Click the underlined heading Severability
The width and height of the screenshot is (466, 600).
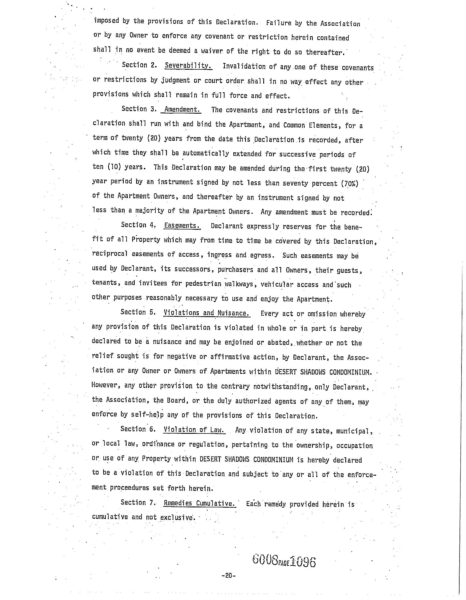click(188, 66)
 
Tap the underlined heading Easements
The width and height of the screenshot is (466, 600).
click(182, 226)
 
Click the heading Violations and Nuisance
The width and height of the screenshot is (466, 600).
click(207, 313)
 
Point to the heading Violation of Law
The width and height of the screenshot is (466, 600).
click(194, 430)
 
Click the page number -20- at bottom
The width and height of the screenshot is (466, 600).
click(229, 576)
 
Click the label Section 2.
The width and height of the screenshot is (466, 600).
click(139, 65)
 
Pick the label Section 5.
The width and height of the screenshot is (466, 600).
click(138, 312)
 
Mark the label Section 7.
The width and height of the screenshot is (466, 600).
click(138, 502)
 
